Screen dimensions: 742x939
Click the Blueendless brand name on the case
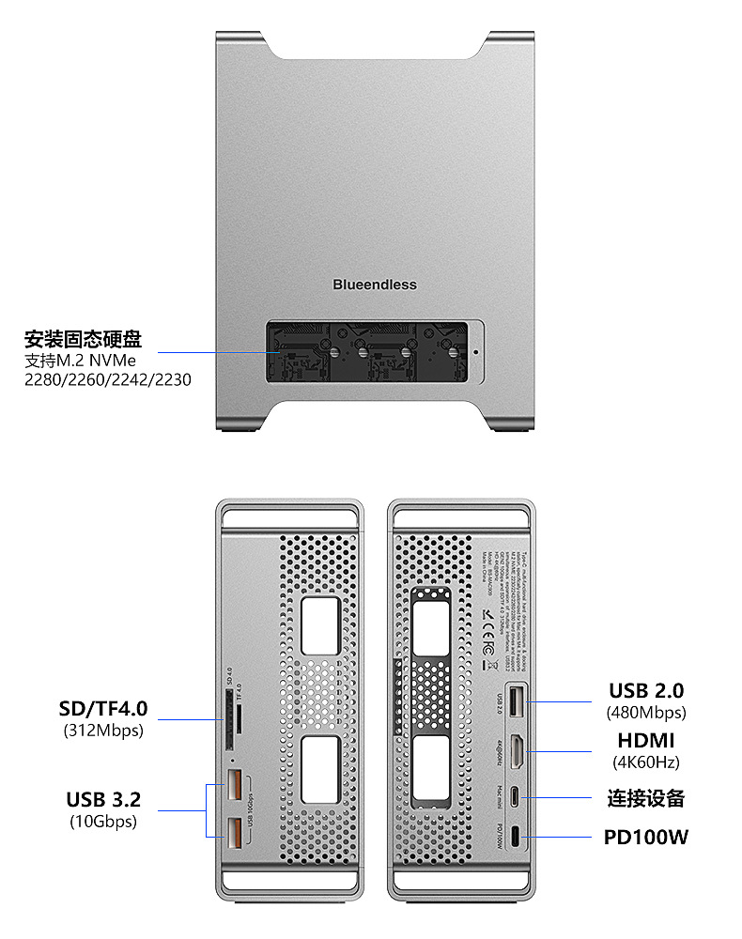pyautogui.click(x=374, y=285)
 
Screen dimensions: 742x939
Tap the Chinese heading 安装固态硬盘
pyautogui.click(x=83, y=339)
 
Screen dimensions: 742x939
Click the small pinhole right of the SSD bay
pyautogui.click(x=475, y=354)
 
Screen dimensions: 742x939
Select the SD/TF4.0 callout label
pyautogui.click(x=103, y=708)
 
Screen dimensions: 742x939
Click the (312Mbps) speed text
pyautogui.click(x=103, y=730)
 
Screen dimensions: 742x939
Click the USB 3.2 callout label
pyautogui.click(x=103, y=800)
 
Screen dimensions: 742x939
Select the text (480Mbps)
pyautogui.click(x=646, y=713)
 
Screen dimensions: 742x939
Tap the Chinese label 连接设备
pyautogui.click(x=645, y=799)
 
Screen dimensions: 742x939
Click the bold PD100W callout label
pyautogui.click(x=645, y=837)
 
